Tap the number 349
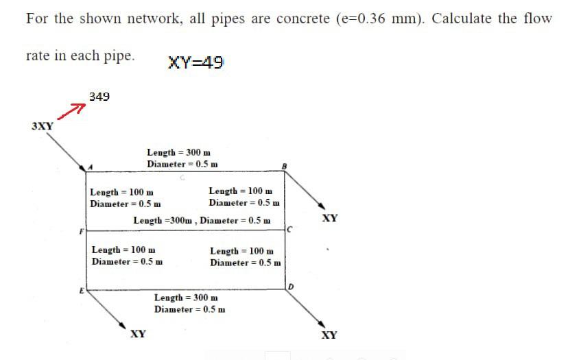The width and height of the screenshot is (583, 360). click(x=99, y=97)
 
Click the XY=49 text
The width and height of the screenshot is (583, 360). click(x=195, y=63)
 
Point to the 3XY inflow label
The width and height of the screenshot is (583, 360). click(x=43, y=126)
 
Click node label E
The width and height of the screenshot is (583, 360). click(x=81, y=290)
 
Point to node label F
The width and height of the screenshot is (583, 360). click(x=81, y=232)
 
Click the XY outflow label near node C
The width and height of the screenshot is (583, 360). click(x=329, y=218)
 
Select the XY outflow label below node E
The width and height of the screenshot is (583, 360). click(x=138, y=334)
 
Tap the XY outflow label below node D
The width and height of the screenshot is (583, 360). click(x=329, y=335)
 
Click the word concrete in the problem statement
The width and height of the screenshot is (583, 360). click(x=302, y=19)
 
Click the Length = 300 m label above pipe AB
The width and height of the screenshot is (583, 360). click(x=178, y=152)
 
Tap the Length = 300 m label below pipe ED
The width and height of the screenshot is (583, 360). click(x=186, y=298)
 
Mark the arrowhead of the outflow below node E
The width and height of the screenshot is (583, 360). click(x=123, y=326)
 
